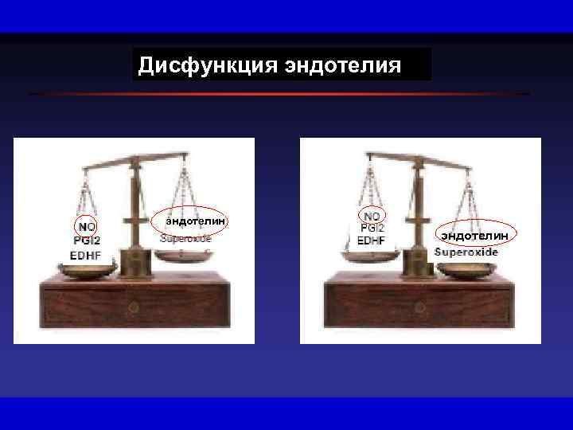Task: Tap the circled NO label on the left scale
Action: coord(85,227)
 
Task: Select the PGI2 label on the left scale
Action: coord(87,241)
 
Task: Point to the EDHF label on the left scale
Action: coord(86,256)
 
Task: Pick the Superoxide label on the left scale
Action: coord(186,238)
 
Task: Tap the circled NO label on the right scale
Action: coord(371,215)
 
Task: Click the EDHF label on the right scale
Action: coord(372,240)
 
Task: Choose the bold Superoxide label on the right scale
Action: coord(466,252)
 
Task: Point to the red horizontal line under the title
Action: coord(279,94)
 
